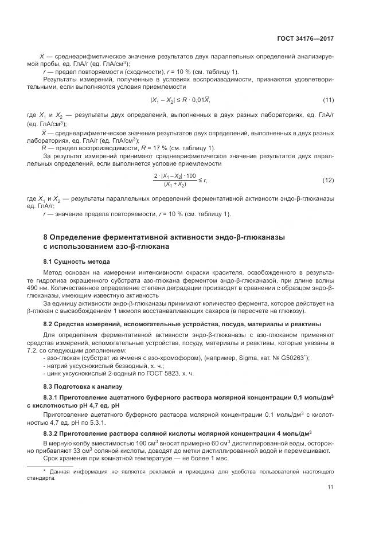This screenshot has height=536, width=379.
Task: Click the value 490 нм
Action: [x=53, y=288]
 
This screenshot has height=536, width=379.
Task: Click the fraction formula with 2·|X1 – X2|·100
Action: [x=175, y=180]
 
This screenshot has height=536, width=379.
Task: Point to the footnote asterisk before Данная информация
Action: [x=45, y=471]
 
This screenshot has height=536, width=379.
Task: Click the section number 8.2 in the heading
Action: [x=49, y=324]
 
